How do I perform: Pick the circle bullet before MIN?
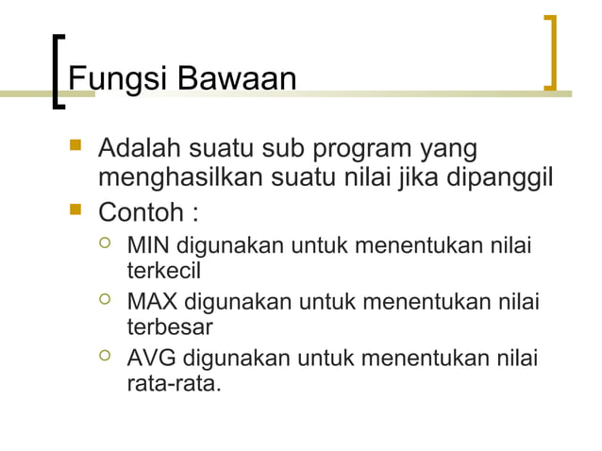[106, 247]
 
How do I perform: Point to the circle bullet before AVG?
[106, 359]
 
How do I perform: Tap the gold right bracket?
[551, 53]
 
